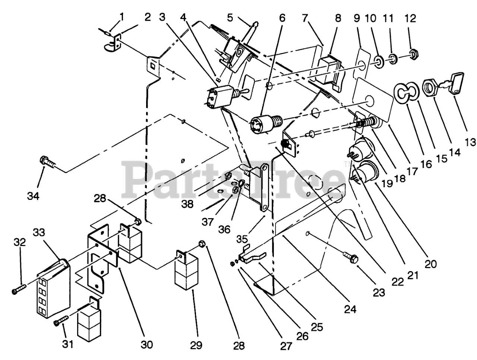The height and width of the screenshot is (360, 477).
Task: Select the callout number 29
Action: coord(196,345)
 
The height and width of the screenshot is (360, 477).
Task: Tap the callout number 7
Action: coord(305,17)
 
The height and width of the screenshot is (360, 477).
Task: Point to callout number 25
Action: coord(317,326)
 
